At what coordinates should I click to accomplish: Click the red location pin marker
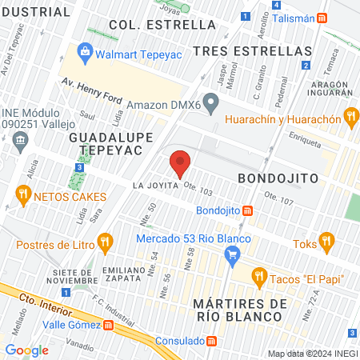click(180, 164)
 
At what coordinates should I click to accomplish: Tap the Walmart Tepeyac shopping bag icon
click(84, 54)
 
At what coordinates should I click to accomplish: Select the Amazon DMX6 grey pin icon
click(210, 102)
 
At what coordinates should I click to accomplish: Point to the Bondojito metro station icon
click(249, 211)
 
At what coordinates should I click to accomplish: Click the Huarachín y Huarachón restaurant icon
click(350, 117)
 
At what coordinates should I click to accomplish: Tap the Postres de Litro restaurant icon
click(104, 241)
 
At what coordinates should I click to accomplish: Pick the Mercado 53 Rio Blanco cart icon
click(234, 256)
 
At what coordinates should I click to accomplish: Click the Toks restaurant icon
click(326, 240)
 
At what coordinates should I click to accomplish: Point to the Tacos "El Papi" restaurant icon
click(258, 278)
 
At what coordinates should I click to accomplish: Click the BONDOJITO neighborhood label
click(278, 177)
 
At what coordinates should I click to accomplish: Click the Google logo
click(26, 350)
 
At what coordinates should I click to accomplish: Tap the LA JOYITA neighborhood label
click(154, 185)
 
